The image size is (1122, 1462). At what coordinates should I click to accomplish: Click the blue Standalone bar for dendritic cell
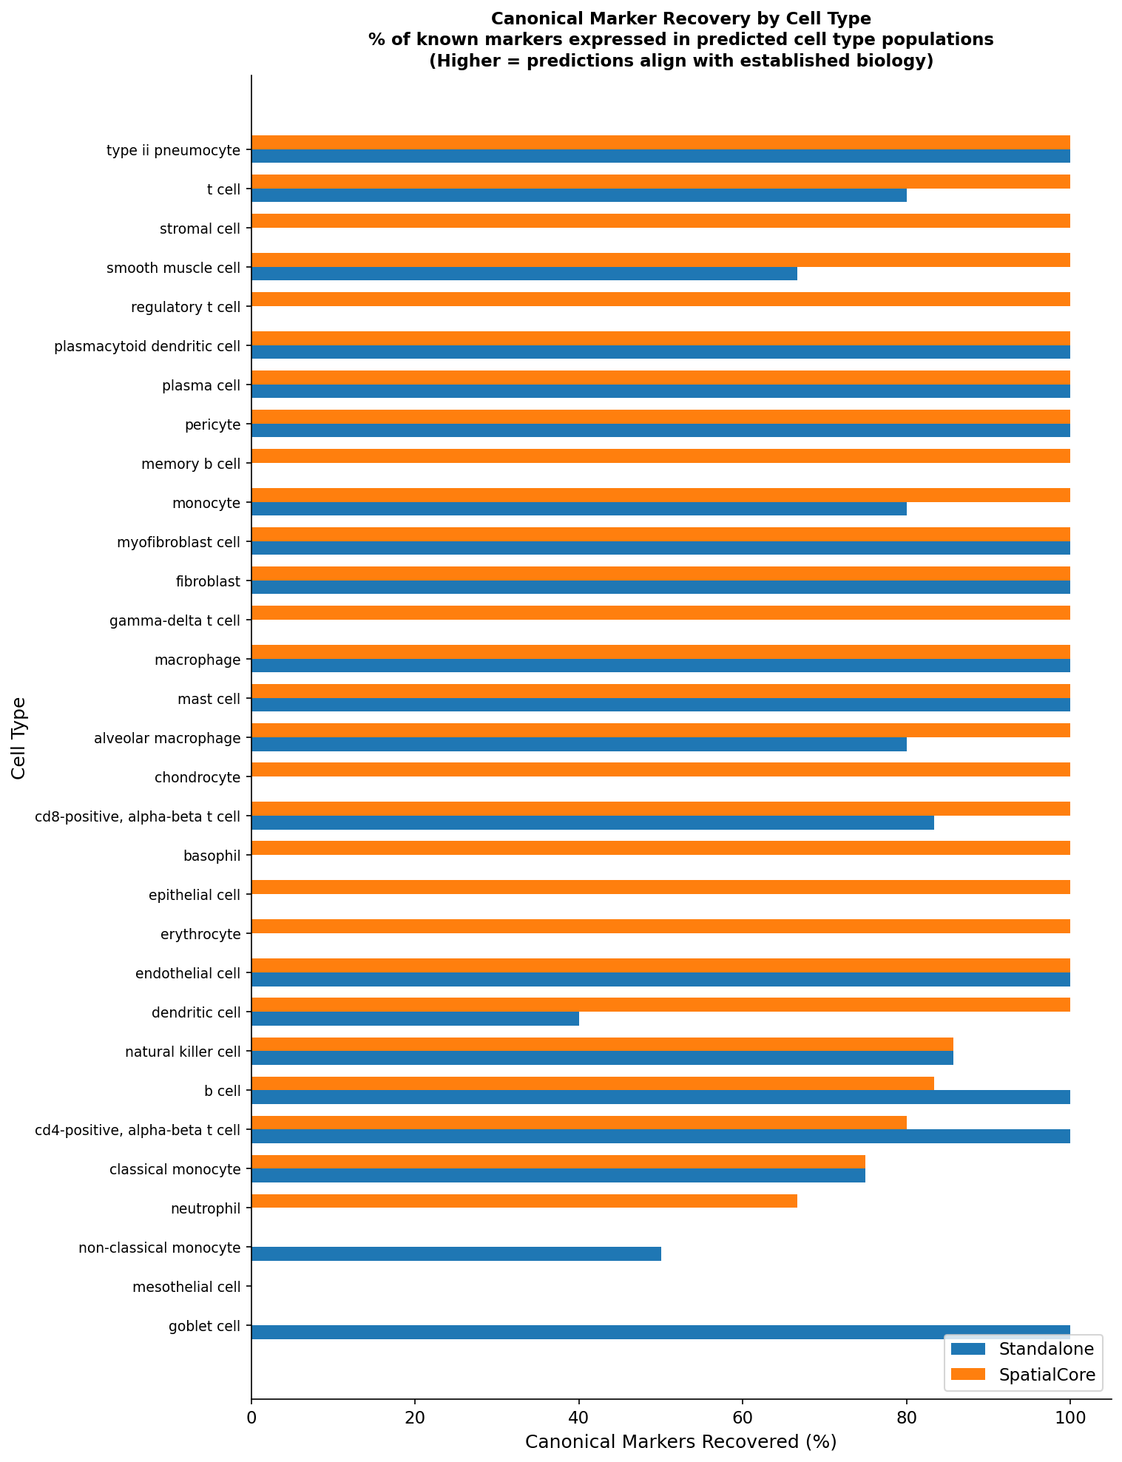415,1018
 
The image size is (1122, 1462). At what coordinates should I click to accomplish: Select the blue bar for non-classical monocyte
456,1253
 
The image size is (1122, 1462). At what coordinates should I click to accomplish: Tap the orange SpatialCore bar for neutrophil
524,1201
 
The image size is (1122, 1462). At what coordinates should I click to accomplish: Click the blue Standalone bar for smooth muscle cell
524,274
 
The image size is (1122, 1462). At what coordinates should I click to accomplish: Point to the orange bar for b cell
592,1083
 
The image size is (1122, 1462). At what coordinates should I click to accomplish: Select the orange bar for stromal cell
660,220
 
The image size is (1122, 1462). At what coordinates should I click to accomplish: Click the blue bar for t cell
578,195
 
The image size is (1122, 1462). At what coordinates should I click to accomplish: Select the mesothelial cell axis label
186,1287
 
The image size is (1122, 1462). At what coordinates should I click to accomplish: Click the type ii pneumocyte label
173,151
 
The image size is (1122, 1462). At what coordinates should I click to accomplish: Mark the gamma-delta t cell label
175,620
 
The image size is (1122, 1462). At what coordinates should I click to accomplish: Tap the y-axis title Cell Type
18,737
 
